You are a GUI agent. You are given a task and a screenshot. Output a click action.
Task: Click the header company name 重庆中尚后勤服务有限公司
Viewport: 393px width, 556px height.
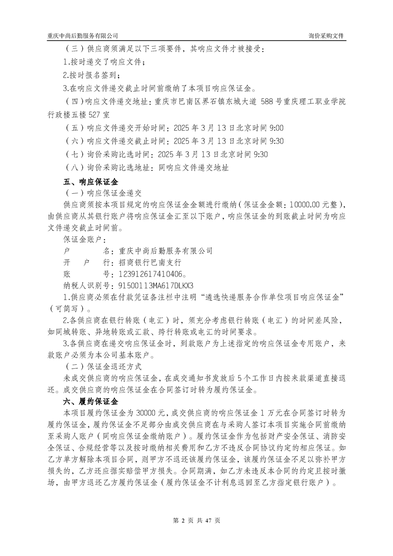(x=83, y=36)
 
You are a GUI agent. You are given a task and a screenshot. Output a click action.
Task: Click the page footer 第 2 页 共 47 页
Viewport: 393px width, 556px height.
(x=196, y=520)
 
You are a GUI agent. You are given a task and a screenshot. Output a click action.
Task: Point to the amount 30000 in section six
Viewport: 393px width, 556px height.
(x=146, y=412)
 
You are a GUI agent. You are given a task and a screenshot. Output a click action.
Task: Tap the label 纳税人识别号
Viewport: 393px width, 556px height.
(x=86, y=285)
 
